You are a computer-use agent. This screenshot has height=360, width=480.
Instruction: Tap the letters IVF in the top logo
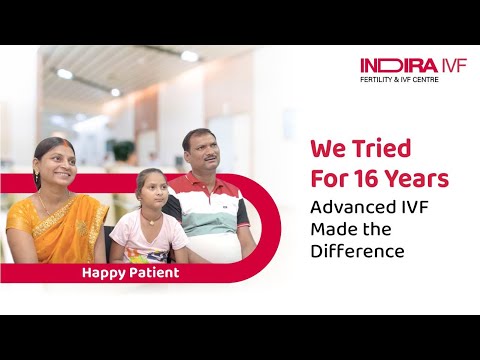(x=447, y=66)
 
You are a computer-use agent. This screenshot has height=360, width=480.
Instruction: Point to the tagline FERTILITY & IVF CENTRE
(x=413, y=80)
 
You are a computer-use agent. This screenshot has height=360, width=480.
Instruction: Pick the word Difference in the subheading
(x=357, y=251)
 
